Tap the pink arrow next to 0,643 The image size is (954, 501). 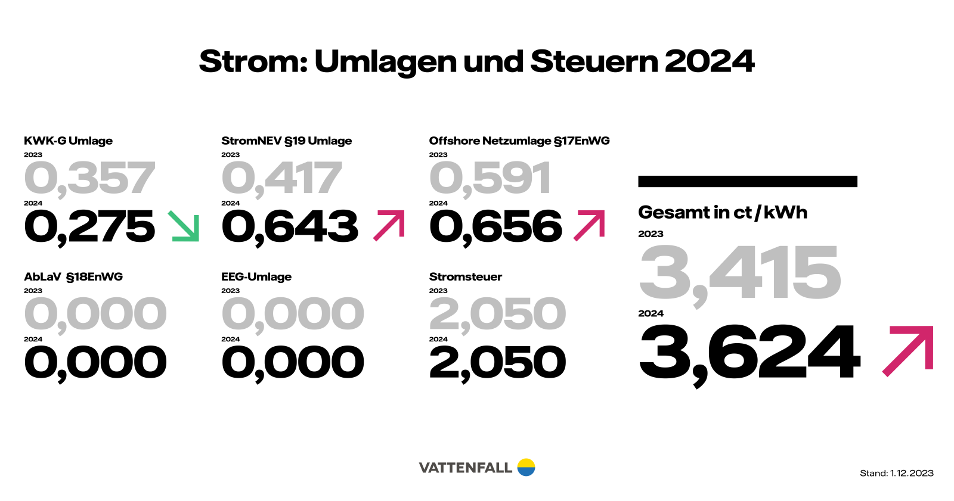pos(389,225)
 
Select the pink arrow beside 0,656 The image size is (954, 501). pos(589,225)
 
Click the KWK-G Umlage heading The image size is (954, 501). pos(68,141)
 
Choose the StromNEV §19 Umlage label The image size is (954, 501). pos(286,141)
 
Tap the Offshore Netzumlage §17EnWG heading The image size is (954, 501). pos(519,141)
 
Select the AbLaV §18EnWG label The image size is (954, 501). pos(73,276)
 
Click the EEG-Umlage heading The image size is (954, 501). pos(256,276)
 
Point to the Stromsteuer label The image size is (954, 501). pos(465,276)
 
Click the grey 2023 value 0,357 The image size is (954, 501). pos(89,178)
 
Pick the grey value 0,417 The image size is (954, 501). pos(281,178)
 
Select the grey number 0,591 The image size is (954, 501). pos(490,178)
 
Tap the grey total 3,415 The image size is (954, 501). pos(739,273)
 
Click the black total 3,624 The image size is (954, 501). pos(749,352)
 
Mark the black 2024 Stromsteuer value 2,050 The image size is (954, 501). pos(497,362)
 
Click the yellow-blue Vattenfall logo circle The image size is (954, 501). pos(526,467)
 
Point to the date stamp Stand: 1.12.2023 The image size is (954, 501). pos(896,473)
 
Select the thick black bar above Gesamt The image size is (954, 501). pos(747,181)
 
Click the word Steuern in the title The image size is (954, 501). pos(594,61)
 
